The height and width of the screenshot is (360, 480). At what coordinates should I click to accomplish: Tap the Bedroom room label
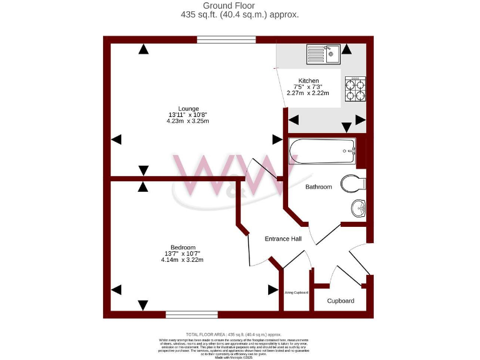point(182,247)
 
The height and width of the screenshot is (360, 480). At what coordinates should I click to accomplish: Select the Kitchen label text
point(309,81)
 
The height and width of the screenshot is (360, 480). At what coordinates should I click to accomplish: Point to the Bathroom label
point(318,187)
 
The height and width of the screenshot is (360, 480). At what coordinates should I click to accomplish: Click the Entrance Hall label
point(283,239)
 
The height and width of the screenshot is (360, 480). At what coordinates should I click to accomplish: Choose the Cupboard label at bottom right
point(341,301)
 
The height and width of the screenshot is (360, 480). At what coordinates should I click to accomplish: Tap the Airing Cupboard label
point(296,292)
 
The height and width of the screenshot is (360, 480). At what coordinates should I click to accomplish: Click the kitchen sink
point(322,54)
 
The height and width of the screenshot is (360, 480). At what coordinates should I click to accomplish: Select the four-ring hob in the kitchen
point(355,89)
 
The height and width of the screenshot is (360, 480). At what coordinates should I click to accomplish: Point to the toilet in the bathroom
point(354,184)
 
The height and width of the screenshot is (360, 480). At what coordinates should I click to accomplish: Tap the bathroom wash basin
point(358,208)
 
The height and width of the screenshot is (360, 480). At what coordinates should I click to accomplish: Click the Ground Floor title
point(239,6)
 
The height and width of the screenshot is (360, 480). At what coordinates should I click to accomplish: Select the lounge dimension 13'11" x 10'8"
point(187,115)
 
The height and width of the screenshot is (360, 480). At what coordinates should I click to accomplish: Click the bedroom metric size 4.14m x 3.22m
point(182,259)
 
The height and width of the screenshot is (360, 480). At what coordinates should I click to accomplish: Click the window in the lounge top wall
point(226,40)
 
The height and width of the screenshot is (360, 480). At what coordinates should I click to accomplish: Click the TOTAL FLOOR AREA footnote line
point(239,335)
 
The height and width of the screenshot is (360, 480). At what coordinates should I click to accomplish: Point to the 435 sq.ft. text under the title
point(239,14)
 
